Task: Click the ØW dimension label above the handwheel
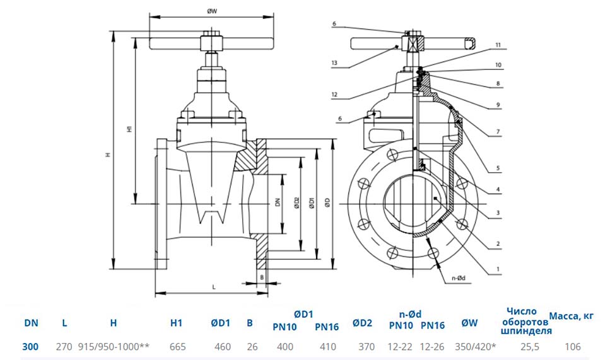tap(212, 11)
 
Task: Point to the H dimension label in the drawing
tap(109, 154)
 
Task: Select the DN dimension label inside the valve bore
tap(278, 202)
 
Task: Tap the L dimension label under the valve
tap(214, 287)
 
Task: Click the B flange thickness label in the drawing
tap(262, 277)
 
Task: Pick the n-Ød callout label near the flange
tap(458, 278)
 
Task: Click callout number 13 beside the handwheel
tap(334, 63)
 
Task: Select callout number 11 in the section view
tap(498, 45)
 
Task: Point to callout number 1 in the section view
tap(498, 269)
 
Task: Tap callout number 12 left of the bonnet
tap(334, 95)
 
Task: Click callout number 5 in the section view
tap(498, 168)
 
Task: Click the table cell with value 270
tap(64, 346)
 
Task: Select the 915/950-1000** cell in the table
tap(114, 346)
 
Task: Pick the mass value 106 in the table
tap(573, 346)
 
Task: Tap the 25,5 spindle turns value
tap(530, 346)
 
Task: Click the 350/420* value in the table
tap(476, 346)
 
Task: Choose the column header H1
tap(176, 323)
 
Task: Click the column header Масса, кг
tap(572, 316)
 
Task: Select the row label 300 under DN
tap(30, 346)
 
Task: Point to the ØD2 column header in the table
tap(362, 323)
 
